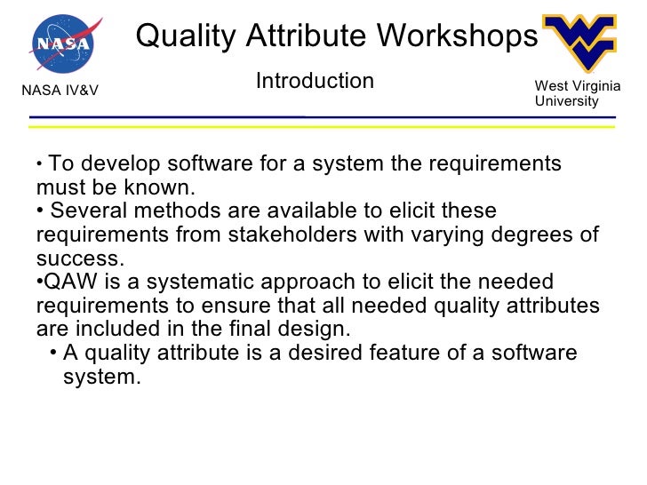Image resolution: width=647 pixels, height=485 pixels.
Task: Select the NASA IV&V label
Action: coord(60,90)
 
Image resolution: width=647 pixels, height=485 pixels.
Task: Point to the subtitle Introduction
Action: coord(315,82)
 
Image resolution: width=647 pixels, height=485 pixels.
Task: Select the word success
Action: coord(77,258)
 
